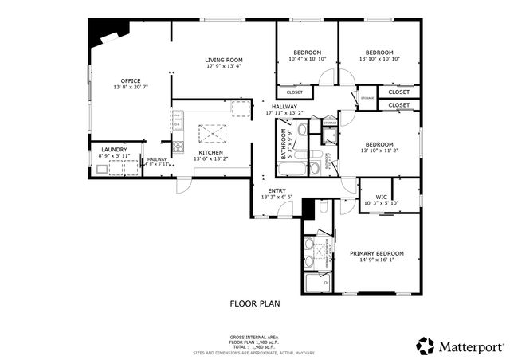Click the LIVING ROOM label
point(223,60)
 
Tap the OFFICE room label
point(131,80)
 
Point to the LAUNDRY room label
point(114,149)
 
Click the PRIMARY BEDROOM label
point(377,254)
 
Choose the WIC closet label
point(381,196)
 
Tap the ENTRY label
point(277,190)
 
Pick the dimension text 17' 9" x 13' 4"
point(223,66)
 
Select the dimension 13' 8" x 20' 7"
point(131,87)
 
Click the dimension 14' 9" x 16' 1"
point(377,260)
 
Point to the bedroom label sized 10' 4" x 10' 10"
point(307,53)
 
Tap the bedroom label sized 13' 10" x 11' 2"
point(379,144)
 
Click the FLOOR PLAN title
point(255,303)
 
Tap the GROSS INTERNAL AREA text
point(255,338)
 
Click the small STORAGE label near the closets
point(367,98)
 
